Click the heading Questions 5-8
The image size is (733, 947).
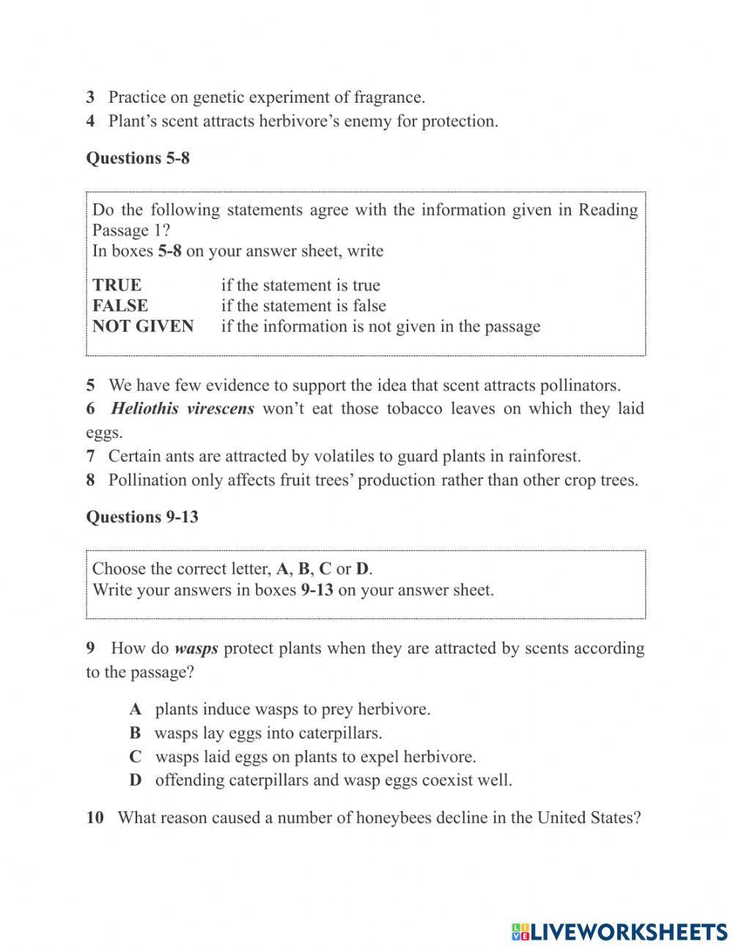138,158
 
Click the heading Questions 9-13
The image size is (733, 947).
142,516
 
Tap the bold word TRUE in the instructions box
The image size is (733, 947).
117,285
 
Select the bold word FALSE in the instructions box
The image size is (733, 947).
120,305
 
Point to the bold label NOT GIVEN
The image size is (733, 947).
143,326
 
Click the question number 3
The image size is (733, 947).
90,97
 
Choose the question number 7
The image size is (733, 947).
90,456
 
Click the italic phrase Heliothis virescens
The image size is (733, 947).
183,409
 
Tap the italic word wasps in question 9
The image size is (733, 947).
196,648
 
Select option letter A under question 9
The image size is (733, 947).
135,709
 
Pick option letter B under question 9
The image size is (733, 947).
135,732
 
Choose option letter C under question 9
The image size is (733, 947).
135,756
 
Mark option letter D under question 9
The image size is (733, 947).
136,780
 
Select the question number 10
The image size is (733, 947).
95,817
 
